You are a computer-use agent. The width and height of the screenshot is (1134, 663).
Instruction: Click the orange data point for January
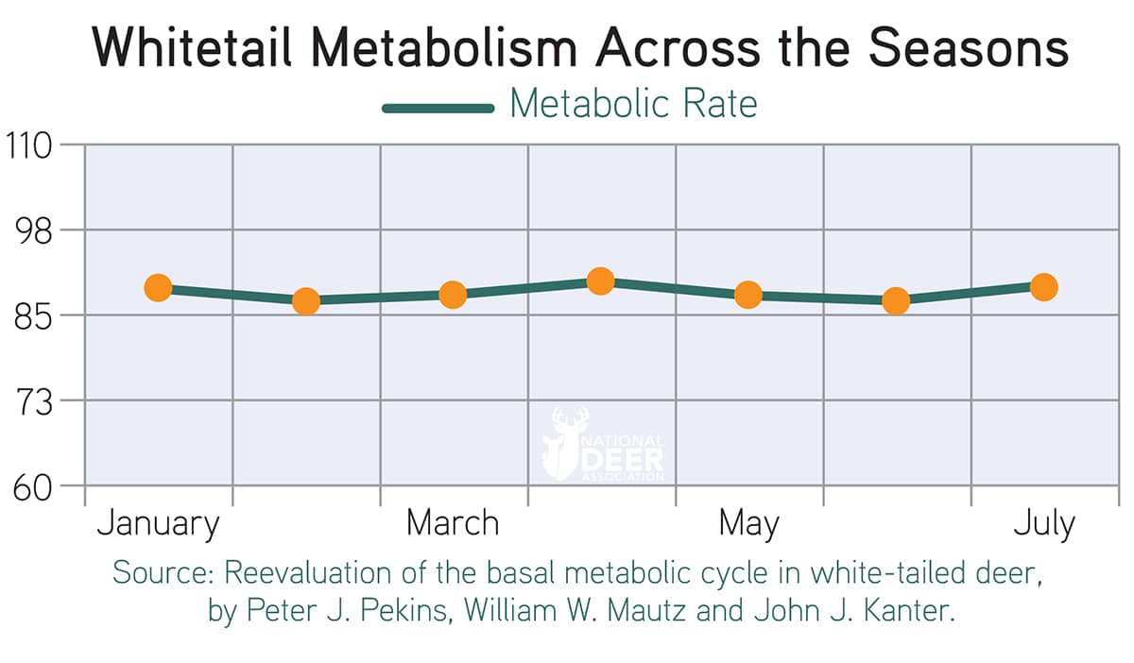point(158,287)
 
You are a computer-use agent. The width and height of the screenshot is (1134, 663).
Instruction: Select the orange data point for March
point(453,295)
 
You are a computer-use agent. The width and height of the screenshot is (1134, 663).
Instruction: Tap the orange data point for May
point(747,295)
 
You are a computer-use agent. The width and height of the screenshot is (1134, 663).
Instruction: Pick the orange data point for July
point(1043,287)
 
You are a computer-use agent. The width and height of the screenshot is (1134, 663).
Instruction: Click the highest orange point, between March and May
point(600,280)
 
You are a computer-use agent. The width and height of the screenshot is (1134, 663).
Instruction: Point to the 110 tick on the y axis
point(32,145)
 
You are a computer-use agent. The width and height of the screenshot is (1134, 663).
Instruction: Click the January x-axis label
point(158,523)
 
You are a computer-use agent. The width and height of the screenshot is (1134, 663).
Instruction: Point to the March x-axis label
point(453,523)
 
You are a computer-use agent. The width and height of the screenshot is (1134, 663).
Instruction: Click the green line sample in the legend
point(438,108)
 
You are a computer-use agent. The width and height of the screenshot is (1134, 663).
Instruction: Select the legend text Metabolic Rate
point(633,104)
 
